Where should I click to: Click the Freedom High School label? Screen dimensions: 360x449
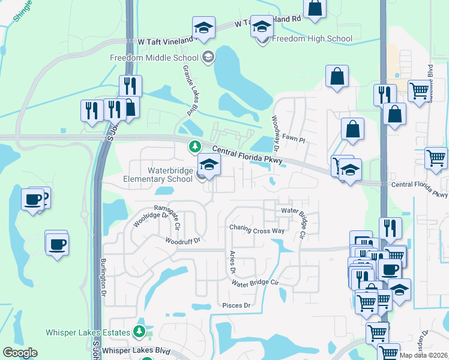[312, 39]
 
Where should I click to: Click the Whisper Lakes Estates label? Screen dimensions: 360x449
[88, 332]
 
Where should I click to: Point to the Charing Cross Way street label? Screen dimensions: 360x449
[257, 229]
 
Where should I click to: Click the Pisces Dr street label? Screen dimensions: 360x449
[235, 305]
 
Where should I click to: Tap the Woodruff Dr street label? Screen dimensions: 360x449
[183, 240]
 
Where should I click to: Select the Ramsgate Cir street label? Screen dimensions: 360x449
[173, 219]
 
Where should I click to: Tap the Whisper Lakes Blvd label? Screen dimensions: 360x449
[136, 350]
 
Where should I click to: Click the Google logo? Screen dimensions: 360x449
[20, 353]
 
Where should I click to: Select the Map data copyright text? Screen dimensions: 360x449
[424, 355]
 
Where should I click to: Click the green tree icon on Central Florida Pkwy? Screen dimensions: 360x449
[194, 146]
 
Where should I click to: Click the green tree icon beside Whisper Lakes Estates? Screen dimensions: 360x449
[139, 331]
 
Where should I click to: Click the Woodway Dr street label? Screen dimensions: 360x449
[276, 133]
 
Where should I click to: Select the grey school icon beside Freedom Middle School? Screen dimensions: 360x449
[208, 58]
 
